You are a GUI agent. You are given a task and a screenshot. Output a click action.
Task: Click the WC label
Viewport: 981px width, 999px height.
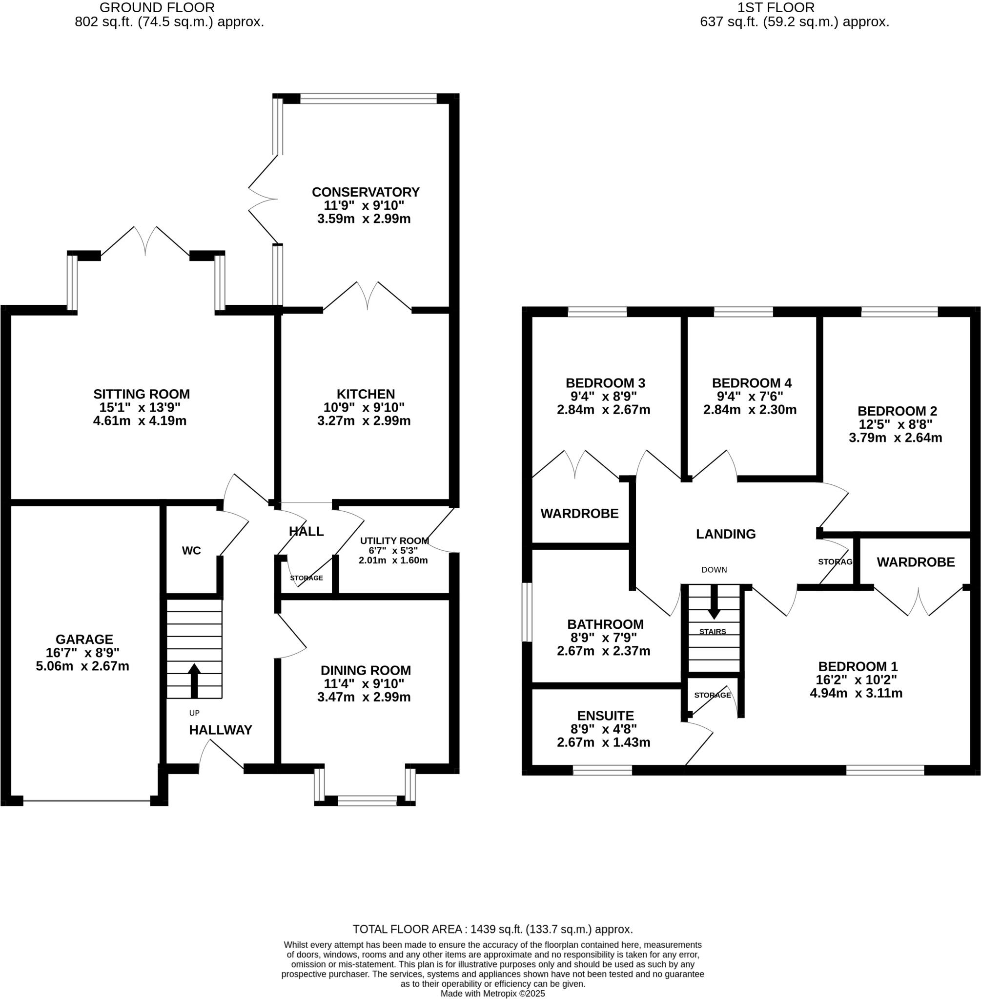click(191, 551)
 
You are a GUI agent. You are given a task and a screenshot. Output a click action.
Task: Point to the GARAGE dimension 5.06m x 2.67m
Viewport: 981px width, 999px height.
click(82, 666)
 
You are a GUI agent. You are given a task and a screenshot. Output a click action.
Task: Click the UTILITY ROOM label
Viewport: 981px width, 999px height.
click(394, 540)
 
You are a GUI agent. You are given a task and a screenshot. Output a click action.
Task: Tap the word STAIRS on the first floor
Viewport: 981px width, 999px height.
click(713, 631)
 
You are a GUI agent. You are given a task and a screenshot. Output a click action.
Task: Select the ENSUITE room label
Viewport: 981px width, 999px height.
click(605, 716)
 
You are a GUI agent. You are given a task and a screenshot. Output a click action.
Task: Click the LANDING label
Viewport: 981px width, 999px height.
click(725, 534)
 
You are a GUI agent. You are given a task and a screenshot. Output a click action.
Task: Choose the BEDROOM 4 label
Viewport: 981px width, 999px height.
click(751, 383)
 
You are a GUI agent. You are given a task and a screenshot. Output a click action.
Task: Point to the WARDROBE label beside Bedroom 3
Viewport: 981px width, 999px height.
click(579, 514)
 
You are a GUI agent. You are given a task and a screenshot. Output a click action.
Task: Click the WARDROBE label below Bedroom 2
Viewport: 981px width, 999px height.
click(916, 562)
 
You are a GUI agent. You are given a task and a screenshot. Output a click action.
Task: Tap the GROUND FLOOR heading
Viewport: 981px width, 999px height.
click(157, 8)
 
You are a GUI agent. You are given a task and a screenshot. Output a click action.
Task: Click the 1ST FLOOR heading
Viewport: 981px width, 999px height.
click(776, 8)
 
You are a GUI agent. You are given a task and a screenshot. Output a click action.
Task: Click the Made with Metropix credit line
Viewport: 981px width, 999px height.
click(492, 994)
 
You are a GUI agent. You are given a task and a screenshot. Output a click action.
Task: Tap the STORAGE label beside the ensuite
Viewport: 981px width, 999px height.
click(712, 695)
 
